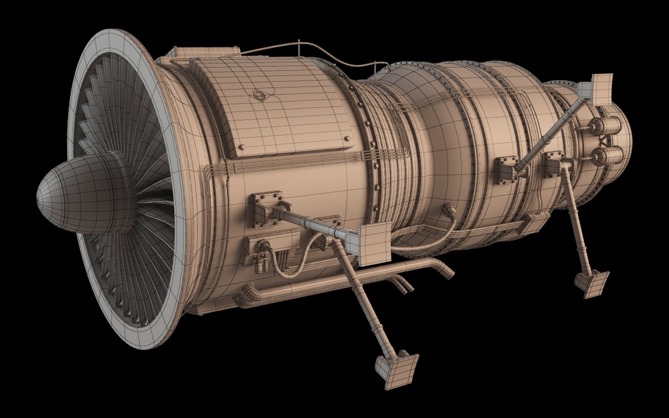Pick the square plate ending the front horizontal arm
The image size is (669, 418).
[x=374, y=245]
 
